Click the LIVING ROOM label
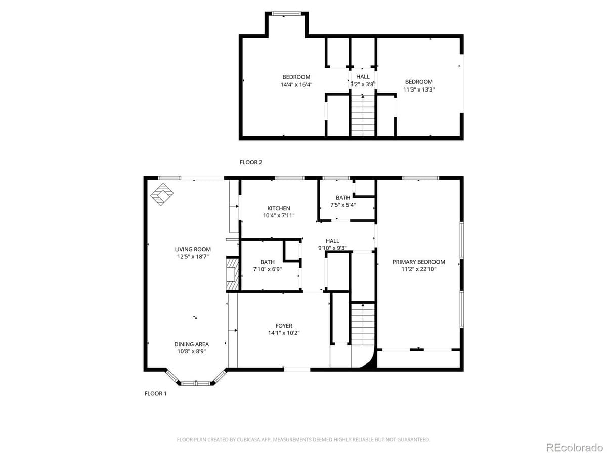(x=193, y=249)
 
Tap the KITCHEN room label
(x=279, y=208)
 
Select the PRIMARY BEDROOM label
(x=419, y=262)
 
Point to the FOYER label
(x=284, y=326)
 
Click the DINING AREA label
(x=192, y=344)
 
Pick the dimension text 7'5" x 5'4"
(x=342, y=205)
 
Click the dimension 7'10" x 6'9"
(x=268, y=269)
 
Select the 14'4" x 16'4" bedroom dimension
(x=296, y=84)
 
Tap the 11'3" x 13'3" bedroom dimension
(x=419, y=89)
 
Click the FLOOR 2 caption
(x=251, y=162)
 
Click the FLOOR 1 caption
(x=155, y=393)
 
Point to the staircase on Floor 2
(x=363, y=117)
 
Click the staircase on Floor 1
(x=363, y=324)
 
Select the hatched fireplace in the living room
(x=232, y=275)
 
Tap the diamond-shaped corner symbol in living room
(x=162, y=195)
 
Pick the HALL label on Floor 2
(x=363, y=77)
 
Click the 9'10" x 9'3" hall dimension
(x=332, y=248)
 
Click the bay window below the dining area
(x=196, y=382)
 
